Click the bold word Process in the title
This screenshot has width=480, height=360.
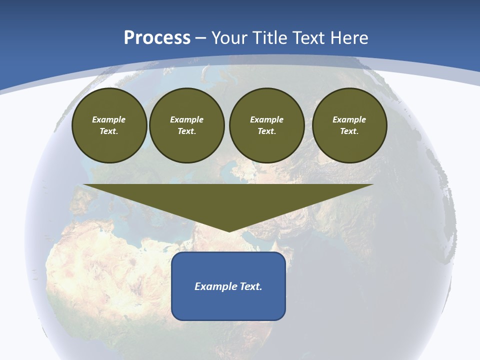click(157, 38)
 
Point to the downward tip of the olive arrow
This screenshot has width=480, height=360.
click(229, 230)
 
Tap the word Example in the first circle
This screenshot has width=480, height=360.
click(109, 119)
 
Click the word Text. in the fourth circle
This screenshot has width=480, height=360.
click(349, 131)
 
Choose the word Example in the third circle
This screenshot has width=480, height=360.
click(266, 119)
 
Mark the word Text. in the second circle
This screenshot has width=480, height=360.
click(186, 131)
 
